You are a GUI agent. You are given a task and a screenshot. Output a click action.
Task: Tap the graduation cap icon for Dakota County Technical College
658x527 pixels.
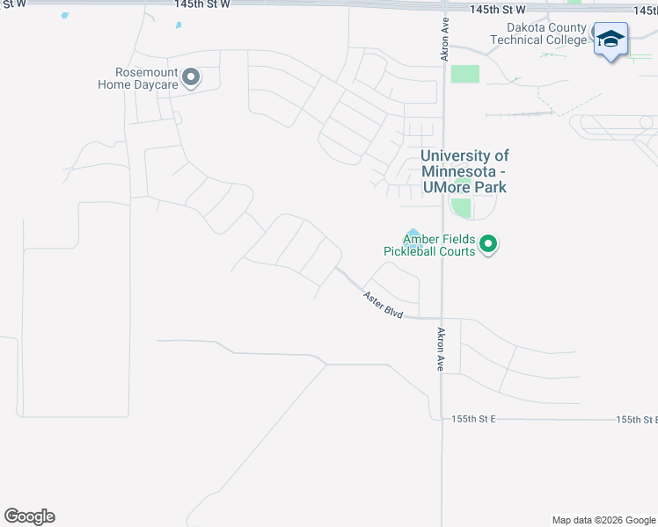[610, 40]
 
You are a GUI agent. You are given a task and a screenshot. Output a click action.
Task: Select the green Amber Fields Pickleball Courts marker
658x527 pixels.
[489, 244]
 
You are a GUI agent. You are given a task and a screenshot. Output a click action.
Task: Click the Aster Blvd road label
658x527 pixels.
[383, 305]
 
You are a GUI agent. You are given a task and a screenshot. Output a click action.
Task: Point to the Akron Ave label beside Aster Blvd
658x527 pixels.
[439, 350]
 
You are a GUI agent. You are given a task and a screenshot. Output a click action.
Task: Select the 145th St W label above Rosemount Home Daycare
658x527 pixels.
[202, 5]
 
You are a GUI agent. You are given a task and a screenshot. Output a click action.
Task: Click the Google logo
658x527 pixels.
[29, 516]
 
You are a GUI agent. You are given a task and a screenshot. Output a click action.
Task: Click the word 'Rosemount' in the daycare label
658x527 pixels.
[146, 73]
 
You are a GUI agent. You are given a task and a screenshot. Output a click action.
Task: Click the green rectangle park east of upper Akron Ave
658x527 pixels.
[465, 74]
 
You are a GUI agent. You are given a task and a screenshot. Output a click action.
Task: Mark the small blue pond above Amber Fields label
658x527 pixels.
[413, 231]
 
